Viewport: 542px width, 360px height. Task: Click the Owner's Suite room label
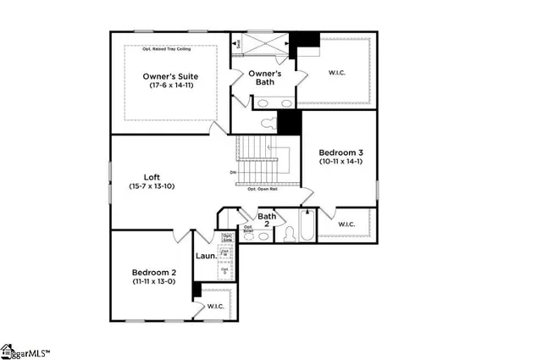pyautogui.click(x=170, y=76)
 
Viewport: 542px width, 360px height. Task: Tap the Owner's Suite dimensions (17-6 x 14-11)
pyautogui.click(x=170, y=86)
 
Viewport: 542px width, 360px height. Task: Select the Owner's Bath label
pyautogui.click(x=263, y=78)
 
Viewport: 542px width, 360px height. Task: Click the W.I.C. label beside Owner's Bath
pyautogui.click(x=337, y=73)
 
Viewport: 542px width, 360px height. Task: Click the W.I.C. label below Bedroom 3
pyautogui.click(x=346, y=224)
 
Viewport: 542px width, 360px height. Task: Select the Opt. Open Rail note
pyautogui.click(x=263, y=190)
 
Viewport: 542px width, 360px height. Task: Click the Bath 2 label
pyautogui.click(x=268, y=220)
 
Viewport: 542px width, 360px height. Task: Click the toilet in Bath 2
pyautogui.click(x=288, y=233)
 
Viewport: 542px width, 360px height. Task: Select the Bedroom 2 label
pyautogui.click(x=153, y=272)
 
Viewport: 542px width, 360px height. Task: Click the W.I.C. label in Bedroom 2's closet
pyautogui.click(x=216, y=306)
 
